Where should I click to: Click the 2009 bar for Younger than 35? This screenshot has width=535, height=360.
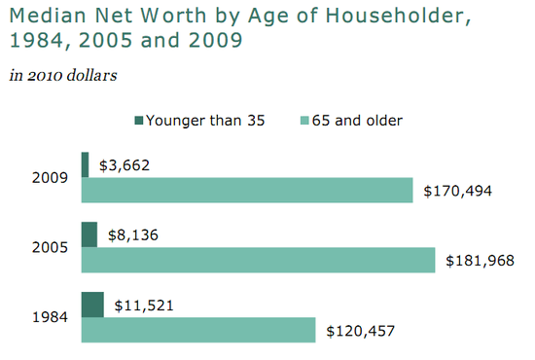coord(85,164)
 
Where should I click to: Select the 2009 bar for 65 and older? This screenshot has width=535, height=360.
coord(248,191)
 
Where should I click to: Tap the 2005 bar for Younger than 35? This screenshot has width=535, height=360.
coord(89,234)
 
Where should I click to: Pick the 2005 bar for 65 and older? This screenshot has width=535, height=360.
coord(258,261)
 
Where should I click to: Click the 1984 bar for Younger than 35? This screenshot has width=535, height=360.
coord(92,305)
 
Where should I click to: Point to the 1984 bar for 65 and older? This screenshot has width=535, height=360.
coord(198,331)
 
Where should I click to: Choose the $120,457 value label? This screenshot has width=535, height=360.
coord(360,331)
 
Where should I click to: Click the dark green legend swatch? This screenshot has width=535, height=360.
coord(140,121)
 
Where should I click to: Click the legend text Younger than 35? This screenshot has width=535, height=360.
coord(205,121)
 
